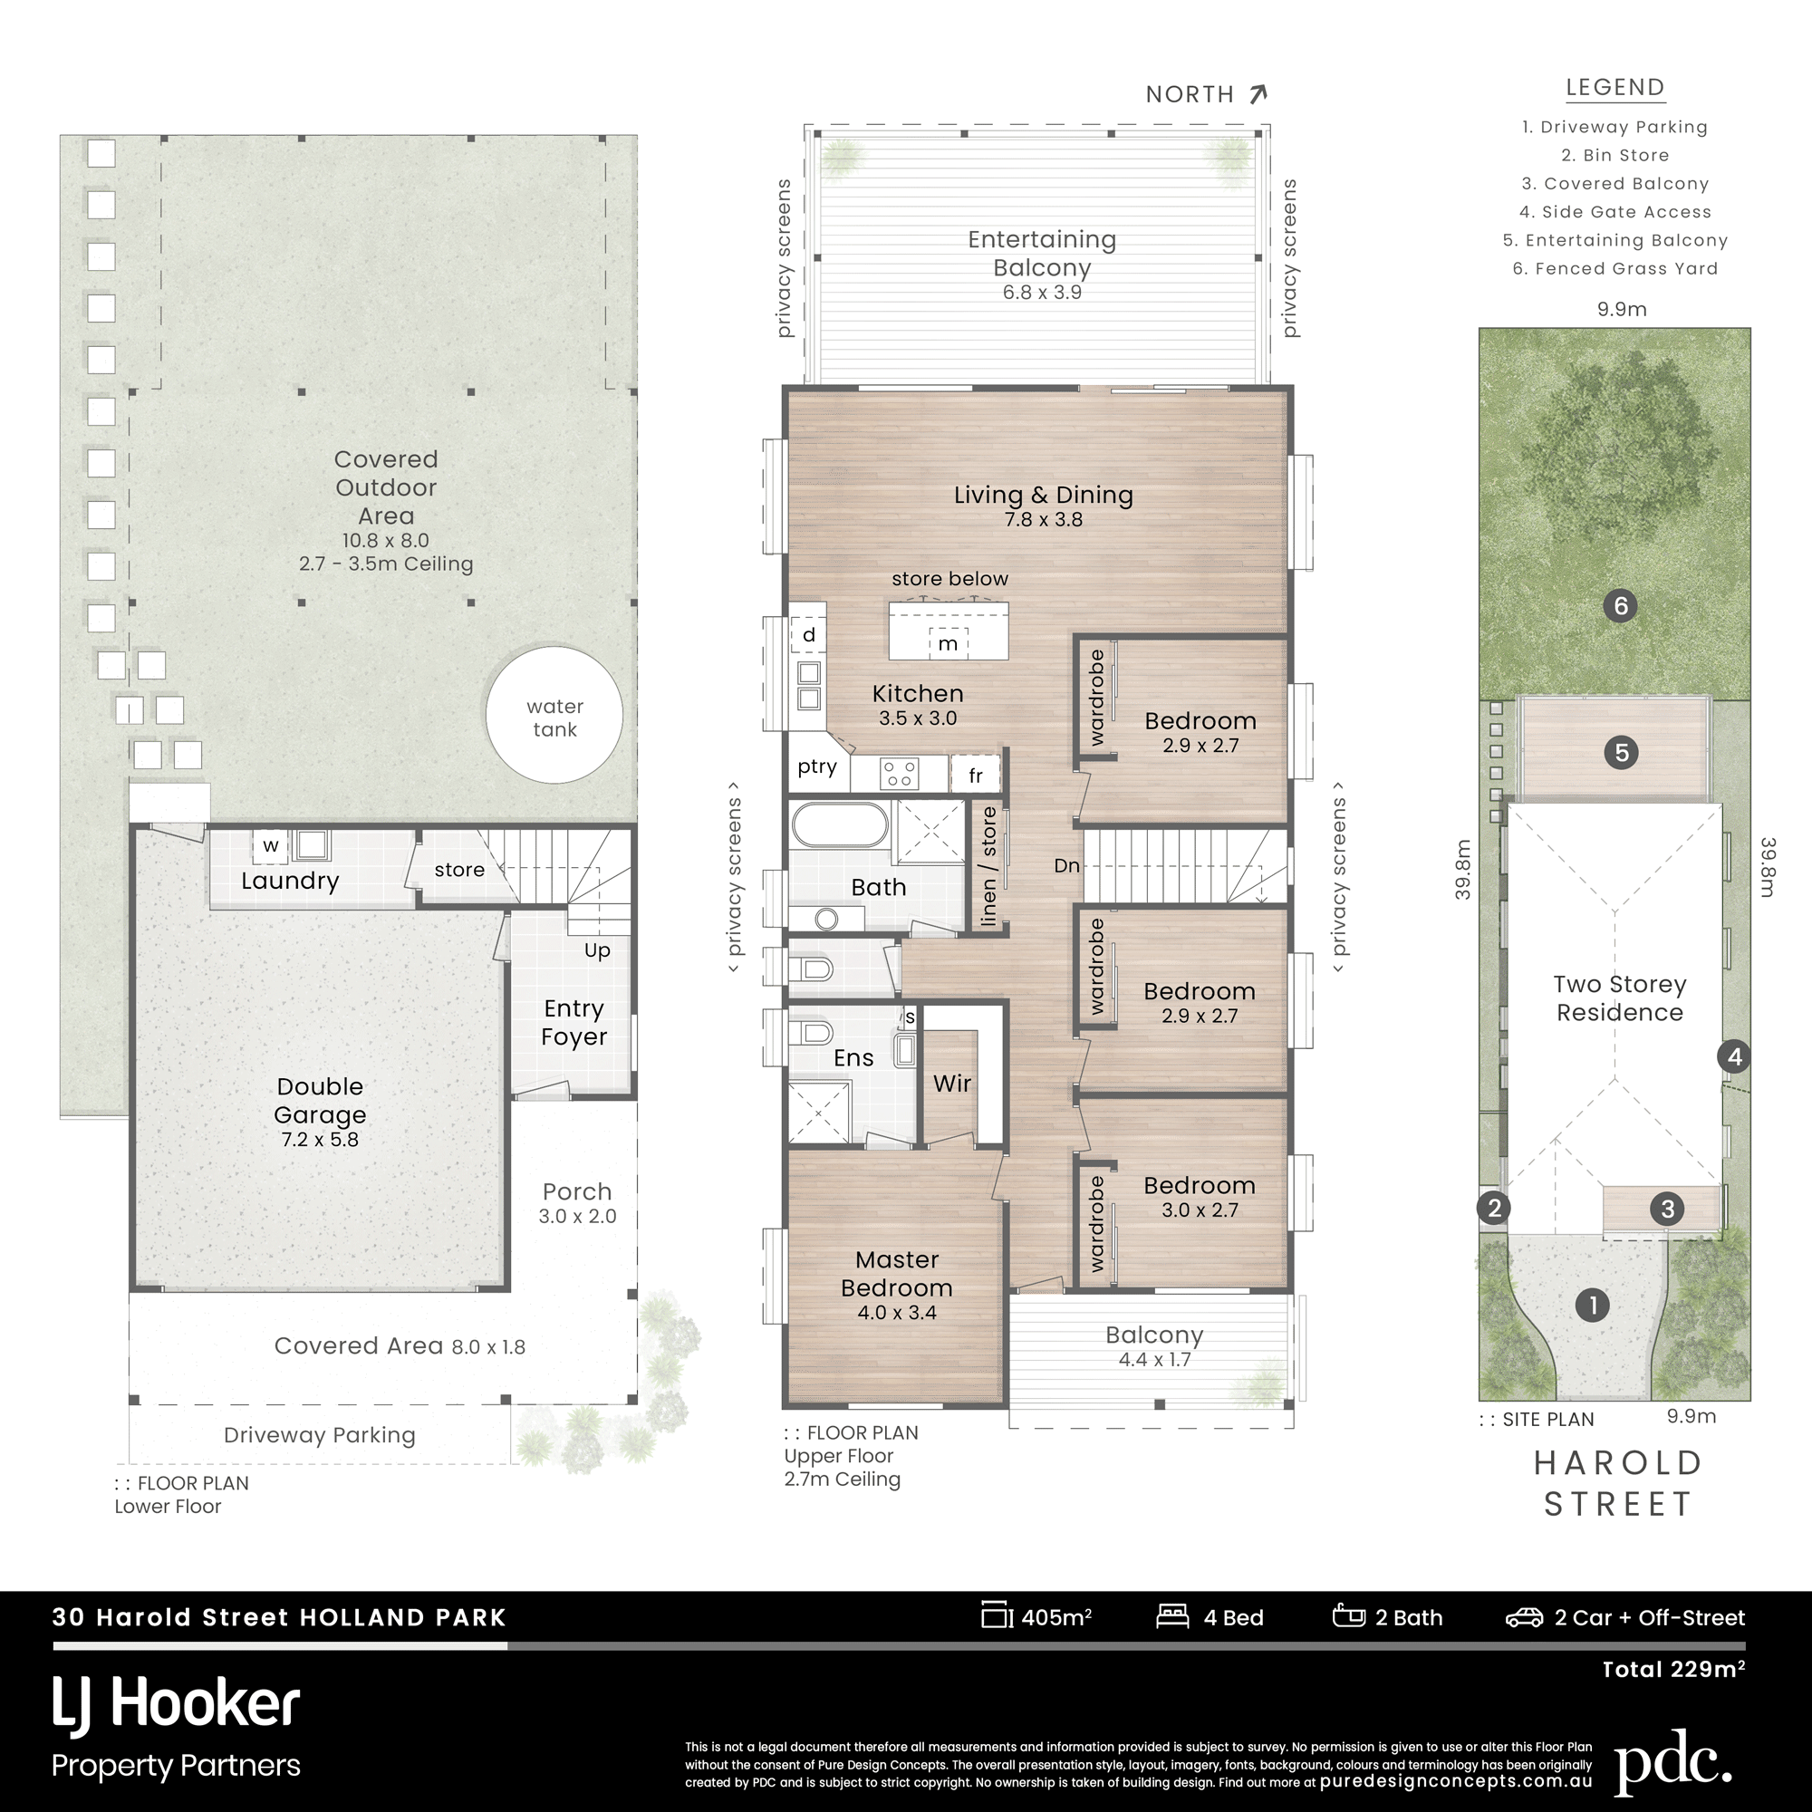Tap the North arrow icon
[1258, 94]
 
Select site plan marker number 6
[1621, 606]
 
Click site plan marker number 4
[1734, 1057]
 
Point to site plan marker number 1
[1593, 1305]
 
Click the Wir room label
[952, 1084]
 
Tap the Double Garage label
[320, 1100]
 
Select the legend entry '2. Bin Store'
[1615, 156]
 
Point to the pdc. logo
[1673, 1760]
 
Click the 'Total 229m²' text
[1673, 1670]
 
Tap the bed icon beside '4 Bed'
[1172, 1616]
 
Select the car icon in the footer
[1524, 1617]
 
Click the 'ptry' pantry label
[817, 766]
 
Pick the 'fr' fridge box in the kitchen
[976, 775]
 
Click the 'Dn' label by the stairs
[1066, 864]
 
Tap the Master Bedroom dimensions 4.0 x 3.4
[897, 1312]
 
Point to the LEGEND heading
[1615, 87]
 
